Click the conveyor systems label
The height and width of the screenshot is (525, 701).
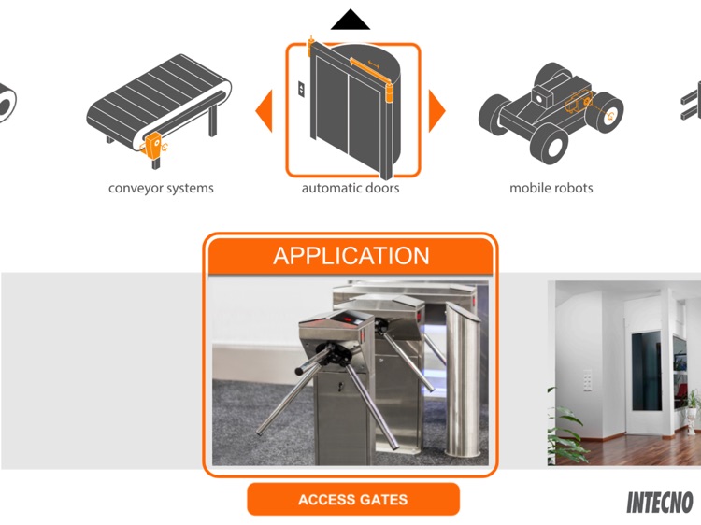click(161, 188)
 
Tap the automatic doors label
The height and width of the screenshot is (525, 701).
click(350, 188)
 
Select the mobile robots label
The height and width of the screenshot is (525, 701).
click(551, 188)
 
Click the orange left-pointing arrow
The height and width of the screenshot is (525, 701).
click(265, 111)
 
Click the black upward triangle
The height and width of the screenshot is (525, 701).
click(350, 20)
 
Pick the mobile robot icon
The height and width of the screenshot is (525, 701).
click(551, 109)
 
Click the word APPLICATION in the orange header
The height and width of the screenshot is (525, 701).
click(351, 256)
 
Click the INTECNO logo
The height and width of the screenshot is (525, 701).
click(660, 503)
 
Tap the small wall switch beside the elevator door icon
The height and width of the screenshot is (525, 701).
click(301, 90)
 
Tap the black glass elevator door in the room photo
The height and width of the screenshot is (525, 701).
click(647, 370)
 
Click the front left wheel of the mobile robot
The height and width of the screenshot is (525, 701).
click(550, 141)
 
